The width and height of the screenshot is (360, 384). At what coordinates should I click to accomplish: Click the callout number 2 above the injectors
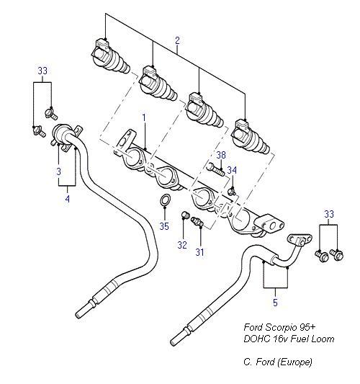[x=177, y=40]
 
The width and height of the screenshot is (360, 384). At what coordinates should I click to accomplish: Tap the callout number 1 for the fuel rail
[x=144, y=118]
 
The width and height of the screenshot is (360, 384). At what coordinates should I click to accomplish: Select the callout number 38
[x=221, y=155]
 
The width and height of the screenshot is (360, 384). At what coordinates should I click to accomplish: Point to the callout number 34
[x=232, y=170]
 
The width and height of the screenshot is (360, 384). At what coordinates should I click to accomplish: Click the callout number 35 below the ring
[x=164, y=226]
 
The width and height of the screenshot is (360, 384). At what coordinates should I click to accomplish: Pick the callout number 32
[x=182, y=245]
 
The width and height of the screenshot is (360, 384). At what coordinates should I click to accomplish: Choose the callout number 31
[x=199, y=251]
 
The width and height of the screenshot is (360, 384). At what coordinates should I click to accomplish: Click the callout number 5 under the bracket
[x=275, y=303]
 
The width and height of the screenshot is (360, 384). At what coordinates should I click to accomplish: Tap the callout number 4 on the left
[x=67, y=199]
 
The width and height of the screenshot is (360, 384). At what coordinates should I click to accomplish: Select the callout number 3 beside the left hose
[x=59, y=171]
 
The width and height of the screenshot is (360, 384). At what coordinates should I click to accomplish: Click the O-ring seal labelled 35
[x=165, y=200]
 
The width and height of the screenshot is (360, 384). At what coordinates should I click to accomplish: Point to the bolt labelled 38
[x=215, y=169]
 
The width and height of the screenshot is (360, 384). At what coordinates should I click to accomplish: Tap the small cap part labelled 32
[x=185, y=215]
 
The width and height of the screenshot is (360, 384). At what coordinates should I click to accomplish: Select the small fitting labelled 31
[x=197, y=221]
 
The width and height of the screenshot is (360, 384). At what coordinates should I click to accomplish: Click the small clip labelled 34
[x=232, y=191]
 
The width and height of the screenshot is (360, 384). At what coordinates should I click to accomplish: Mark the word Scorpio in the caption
[x=280, y=327]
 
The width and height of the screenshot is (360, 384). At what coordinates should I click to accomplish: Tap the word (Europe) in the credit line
[x=295, y=362]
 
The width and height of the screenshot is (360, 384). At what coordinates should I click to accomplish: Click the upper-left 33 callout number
[x=42, y=71]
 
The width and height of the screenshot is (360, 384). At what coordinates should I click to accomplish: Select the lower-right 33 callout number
[x=329, y=214]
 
